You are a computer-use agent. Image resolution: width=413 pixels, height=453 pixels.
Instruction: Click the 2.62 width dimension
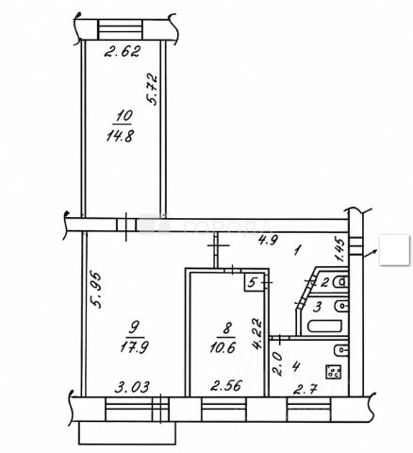click(x=122, y=51)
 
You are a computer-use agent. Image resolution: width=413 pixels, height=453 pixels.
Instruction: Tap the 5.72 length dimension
click(x=152, y=89)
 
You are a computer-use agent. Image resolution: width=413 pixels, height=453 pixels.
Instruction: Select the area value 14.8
click(x=121, y=136)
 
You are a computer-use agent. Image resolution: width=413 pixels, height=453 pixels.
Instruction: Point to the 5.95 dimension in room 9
click(x=95, y=289)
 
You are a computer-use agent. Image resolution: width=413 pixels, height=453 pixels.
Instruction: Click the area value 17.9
click(x=135, y=347)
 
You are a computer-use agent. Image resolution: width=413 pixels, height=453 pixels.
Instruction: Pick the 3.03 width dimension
click(x=132, y=387)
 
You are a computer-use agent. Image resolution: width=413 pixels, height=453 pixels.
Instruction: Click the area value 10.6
click(x=223, y=347)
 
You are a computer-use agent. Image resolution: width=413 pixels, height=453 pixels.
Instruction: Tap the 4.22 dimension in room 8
click(x=256, y=333)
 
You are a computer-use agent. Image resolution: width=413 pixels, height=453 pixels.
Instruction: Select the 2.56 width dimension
click(x=226, y=385)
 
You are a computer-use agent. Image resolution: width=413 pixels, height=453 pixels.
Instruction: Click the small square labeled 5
click(x=254, y=283)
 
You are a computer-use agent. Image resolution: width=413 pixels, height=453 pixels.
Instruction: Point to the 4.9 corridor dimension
click(x=268, y=241)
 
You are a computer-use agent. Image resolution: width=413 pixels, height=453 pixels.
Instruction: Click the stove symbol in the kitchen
click(x=334, y=372)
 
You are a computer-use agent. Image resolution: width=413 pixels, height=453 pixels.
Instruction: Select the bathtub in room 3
click(x=324, y=326)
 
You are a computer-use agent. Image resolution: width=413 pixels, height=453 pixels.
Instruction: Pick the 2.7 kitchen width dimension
click(x=305, y=390)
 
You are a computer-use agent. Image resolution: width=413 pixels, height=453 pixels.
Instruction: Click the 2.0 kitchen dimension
click(x=277, y=363)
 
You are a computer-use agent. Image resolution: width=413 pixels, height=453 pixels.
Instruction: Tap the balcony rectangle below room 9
click(x=126, y=433)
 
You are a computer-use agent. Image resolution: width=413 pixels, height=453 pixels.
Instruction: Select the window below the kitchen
click(x=308, y=409)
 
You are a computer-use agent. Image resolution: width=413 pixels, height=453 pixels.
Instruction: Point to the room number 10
click(x=124, y=116)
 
